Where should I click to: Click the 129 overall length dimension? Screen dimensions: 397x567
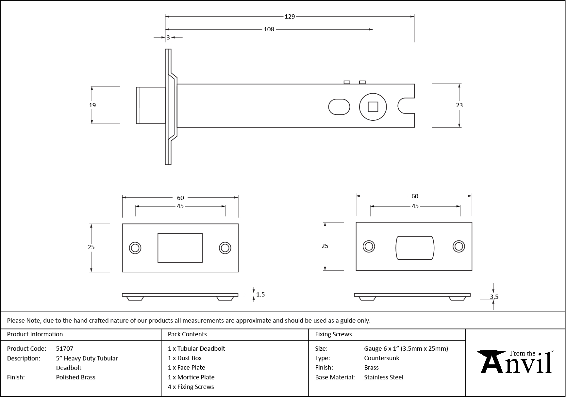[x=290, y=16]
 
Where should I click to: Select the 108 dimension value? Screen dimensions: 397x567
[x=269, y=29]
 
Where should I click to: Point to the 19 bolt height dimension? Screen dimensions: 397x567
[x=92, y=105]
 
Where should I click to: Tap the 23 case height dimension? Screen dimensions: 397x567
[x=459, y=105]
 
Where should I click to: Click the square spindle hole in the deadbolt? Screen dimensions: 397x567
[x=373, y=107]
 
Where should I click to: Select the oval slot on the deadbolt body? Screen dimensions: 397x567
[x=339, y=107]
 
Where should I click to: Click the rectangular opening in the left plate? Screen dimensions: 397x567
[x=180, y=248]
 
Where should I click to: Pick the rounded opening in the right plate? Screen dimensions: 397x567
[x=415, y=248]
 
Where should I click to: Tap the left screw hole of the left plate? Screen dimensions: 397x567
[x=135, y=248]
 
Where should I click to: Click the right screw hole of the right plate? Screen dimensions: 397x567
[x=459, y=246]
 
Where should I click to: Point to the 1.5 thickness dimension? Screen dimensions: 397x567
[x=260, y=295]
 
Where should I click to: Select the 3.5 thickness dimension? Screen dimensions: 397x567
[x=494, y=297]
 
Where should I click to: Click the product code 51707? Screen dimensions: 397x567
[x=65, y=348]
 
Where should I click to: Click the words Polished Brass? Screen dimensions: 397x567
[x=75, y=377]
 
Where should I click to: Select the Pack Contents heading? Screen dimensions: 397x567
[x=187, y=334]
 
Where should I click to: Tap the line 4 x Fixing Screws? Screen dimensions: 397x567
[x=191, y=387]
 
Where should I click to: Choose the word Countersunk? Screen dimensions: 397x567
[x=381, y=358]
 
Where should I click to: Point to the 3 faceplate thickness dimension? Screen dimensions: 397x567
[x=168, y=38]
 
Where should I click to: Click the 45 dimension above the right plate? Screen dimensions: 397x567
[x=415, y=206]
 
